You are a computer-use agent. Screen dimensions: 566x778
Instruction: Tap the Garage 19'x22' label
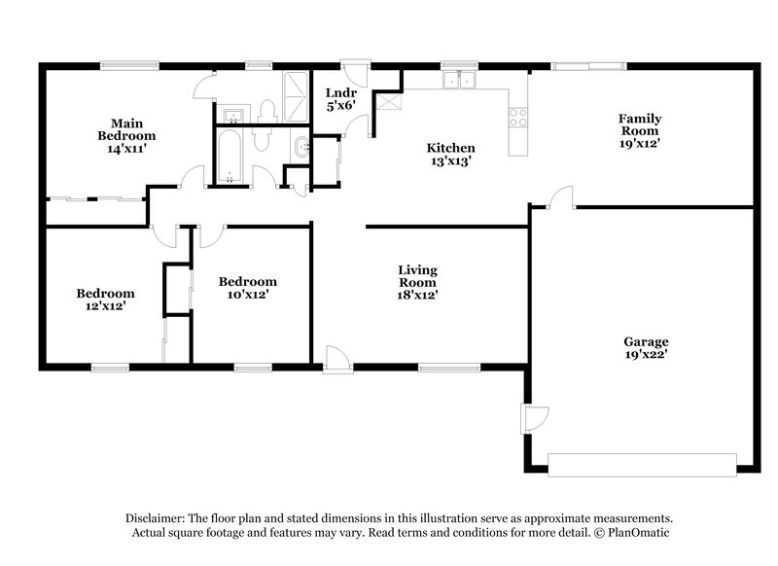tap(645, 348)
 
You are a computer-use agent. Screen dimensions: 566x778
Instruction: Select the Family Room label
tap(639, 130)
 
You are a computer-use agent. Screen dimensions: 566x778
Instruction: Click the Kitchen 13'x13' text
tap(450, 155)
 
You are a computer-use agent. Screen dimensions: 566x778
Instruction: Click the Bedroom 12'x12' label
tap(106, 299)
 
